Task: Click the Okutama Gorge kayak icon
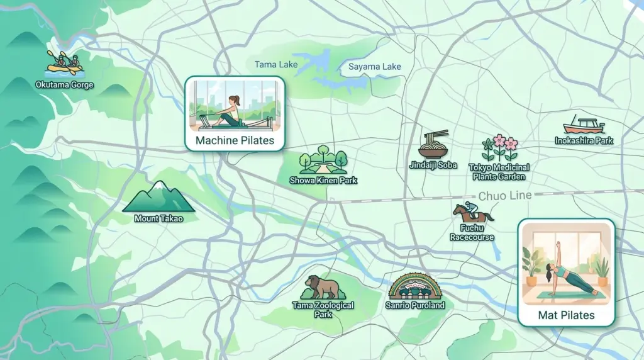[65, 64]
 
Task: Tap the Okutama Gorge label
[65, 84]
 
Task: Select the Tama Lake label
[276, 64]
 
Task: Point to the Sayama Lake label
[374, 67]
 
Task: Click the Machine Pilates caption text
[235, 140]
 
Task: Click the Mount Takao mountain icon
[158, 197]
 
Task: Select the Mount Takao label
[158, 219]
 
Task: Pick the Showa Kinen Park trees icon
[323, 160]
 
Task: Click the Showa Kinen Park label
[323, 181]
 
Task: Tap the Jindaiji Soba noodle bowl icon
[433, 145]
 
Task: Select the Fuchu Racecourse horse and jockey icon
[472, 213]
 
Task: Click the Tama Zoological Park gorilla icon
[323, 288]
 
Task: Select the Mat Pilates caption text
[566, 315]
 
